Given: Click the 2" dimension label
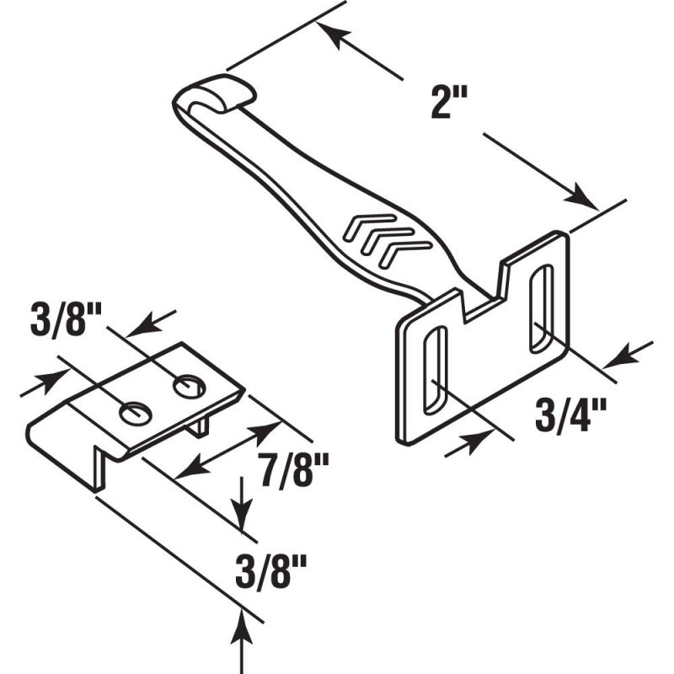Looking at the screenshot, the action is tap(447, 102).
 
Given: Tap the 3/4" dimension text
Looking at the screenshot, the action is tap(570, 415).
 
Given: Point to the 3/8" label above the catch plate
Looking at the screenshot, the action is tap(66, 319).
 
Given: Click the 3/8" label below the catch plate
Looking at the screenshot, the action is tap(270, 571).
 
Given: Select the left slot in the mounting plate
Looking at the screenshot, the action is tap(436, 371).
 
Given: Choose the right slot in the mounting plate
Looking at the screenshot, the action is tap(542, 308).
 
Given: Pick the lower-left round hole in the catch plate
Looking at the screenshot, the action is tap(136, 414).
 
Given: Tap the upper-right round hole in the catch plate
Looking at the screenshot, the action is tap(189, 387).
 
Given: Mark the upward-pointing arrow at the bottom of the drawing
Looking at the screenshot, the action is tap(241, 641).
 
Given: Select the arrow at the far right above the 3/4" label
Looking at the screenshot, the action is tap(628, 355).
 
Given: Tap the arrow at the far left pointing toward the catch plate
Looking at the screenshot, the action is tap(45, 382).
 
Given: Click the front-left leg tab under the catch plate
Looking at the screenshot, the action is tap(99, 468).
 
